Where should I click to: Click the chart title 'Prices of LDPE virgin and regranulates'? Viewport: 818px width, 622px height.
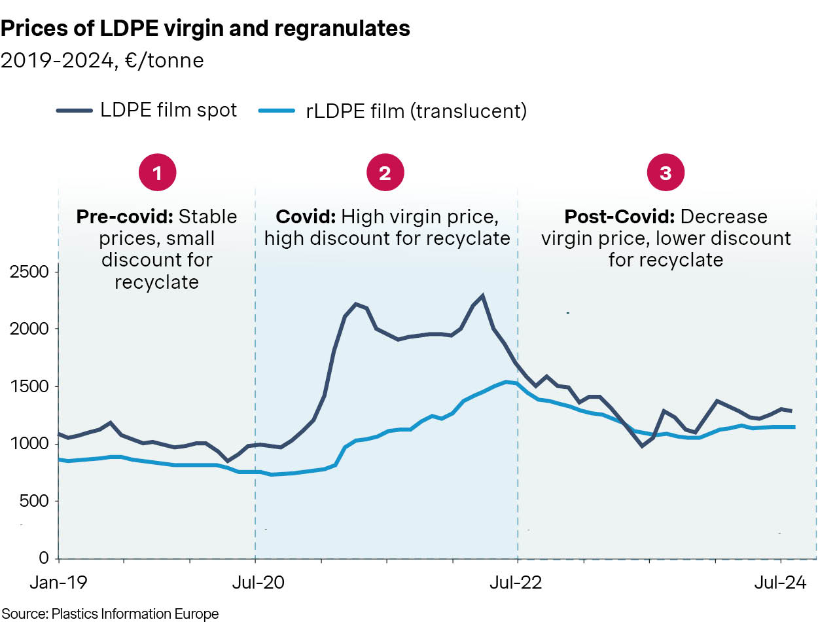coord(205,28)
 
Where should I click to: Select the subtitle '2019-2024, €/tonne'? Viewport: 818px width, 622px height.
coord(102,61)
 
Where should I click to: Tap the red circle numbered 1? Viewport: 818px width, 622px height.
coord(156,173)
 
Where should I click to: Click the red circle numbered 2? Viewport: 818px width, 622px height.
coord(385,173)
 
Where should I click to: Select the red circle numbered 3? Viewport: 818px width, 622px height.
coord(666,173)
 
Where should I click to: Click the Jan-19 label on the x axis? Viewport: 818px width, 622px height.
coord(59,582)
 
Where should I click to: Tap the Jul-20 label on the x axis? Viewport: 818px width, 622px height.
coord(255,582)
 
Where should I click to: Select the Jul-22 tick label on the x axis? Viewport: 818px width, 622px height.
coord(518,582)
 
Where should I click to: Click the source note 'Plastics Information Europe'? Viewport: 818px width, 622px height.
coord(135,613)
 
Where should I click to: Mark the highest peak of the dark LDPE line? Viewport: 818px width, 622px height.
coord(483,296)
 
